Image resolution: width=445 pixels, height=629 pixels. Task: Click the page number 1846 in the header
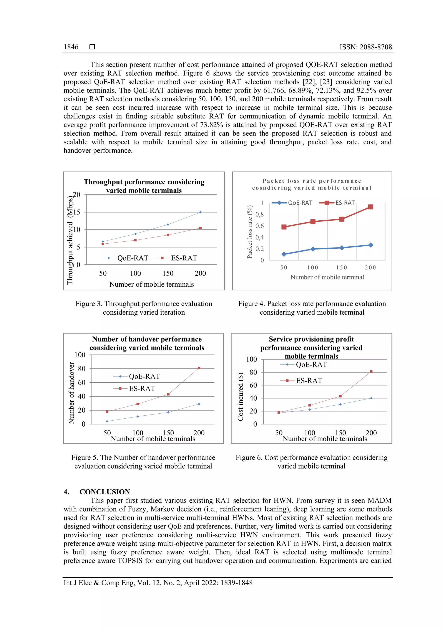[71, 47]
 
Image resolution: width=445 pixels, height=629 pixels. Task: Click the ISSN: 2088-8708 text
[365, 47]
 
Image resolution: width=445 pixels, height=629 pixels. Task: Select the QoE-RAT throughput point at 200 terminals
[200, 212]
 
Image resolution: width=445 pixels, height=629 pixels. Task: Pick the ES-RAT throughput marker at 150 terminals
[168, 235]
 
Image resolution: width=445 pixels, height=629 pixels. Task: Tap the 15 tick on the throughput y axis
[76, 212]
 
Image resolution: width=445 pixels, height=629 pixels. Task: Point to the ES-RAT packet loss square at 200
[371, 207]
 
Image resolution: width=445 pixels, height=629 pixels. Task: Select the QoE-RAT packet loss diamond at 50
[284, 254]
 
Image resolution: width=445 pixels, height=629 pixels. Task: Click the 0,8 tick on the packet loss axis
[260, 215]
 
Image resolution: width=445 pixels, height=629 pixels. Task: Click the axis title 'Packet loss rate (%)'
[249, 232]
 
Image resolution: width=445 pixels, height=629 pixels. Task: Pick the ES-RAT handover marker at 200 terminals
[199, 368]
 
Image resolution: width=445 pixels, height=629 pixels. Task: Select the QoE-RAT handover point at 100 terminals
[138, 416]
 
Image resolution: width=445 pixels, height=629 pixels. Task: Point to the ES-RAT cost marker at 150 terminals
[340, 396]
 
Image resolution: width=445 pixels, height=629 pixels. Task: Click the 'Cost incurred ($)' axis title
[241, 397]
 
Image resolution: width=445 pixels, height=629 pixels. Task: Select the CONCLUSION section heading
[105, 492]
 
